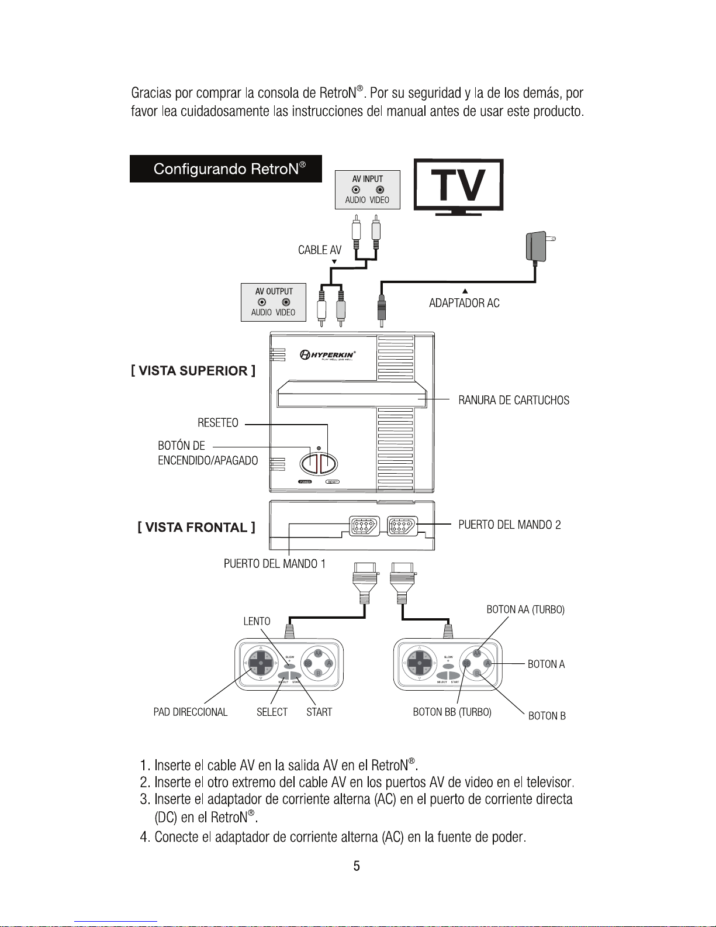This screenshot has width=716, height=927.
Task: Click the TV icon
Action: [459, 185]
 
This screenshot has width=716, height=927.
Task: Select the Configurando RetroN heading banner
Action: [226, 169]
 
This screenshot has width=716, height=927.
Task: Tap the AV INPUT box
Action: [367, 189]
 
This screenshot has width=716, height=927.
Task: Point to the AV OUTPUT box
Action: [274, 302]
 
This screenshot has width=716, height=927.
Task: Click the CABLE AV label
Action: [320, 250]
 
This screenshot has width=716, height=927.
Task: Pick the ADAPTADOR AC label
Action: [464, 303]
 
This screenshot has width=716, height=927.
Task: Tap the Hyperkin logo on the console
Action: [328, 354]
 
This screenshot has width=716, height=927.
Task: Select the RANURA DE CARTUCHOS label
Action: [513, 401]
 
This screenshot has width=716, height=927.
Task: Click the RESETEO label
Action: [217, 423]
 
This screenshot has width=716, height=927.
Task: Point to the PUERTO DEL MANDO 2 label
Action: [509, 525]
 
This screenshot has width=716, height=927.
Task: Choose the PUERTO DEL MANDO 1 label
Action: [274, 564]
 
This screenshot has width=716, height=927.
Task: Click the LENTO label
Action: [257, 621]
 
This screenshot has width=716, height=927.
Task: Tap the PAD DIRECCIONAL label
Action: [190, 712]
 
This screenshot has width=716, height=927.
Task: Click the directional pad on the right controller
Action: [418, 663]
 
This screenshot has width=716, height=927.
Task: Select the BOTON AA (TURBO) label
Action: [525, 610]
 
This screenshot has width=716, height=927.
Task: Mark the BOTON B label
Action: [546, 716]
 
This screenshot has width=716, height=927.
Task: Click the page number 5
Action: [357, 866]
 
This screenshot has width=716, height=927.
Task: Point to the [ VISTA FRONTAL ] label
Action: [196, 528]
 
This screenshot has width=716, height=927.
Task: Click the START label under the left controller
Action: [319, 712]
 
